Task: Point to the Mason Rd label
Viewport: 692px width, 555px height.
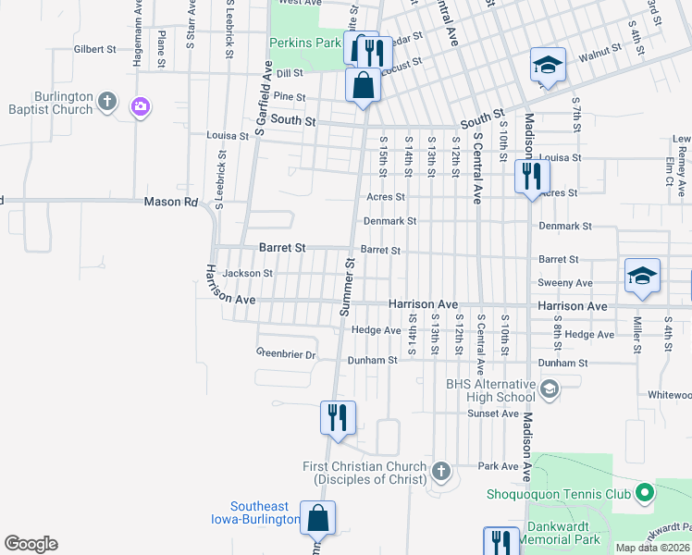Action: coord(171,202)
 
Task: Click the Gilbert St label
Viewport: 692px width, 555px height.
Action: coord(95,49)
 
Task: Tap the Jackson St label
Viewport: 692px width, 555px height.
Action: coord(247,273)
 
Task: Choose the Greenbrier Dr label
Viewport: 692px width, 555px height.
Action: coord(286,354)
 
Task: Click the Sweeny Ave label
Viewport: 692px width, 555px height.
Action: coord(564,283)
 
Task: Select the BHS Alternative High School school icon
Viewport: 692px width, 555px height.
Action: coord(550,389)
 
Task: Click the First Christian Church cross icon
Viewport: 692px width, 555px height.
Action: coord(441,472)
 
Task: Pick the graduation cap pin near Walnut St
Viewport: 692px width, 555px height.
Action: coord(547,67)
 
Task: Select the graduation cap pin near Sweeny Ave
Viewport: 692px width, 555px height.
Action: coord(642,276)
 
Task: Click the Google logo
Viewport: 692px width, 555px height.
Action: coord(31,544)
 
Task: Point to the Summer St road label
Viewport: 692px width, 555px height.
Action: coord(349,287)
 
